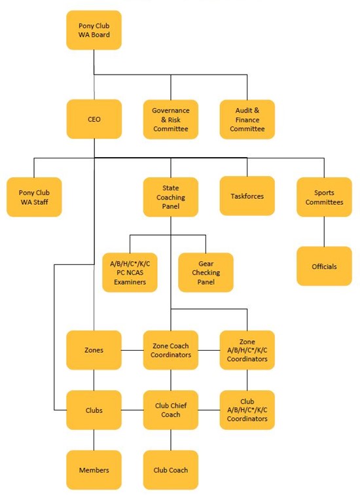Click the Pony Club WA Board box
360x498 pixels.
[94, 30]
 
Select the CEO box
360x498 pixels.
[94, 119]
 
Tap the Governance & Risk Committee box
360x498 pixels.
[171, 119]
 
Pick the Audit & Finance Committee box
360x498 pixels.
[247, 119]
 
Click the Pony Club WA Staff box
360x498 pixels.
[34, 197]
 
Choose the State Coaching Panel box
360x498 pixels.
[171, 197]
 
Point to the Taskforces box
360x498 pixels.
[247, 196]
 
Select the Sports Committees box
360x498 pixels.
[324, 197]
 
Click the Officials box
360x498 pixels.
[324, 266]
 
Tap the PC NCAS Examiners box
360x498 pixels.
[130, 272]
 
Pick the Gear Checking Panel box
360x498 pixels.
[206, 272]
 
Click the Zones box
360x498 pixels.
[94, 350]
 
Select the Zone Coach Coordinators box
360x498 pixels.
[171, 350]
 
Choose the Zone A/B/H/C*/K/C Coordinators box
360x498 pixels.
[247, 350]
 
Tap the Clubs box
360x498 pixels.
[94, 410]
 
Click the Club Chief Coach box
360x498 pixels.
[171, 410]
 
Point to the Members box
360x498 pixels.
[94, 470]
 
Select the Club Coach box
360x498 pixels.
[171, 470]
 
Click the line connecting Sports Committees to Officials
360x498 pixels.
[324, 232]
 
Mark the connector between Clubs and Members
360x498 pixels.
[94, 440]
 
